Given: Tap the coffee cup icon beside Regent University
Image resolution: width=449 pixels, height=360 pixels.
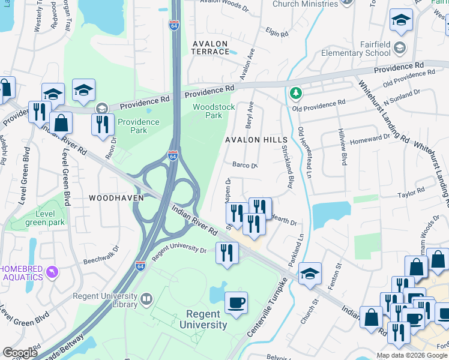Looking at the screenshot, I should [x=236, y=302].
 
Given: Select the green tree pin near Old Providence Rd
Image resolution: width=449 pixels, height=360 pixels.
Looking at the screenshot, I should [x=295, y=94].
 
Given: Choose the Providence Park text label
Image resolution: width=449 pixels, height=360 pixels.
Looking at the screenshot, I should [x=138, y=126].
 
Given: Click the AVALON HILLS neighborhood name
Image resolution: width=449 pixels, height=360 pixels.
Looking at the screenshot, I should [x=256, y=139].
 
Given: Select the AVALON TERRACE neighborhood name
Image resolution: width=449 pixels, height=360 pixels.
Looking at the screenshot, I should [x=210, y=48].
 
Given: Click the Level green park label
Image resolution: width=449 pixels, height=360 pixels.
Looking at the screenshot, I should [x=41, y=218].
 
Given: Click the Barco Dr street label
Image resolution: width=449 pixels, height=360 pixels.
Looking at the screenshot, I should [x=244, y=165].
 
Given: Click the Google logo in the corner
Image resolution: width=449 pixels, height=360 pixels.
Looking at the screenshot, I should [x=20, y=353].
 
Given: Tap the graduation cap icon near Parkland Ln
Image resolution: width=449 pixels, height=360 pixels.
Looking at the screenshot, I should [x=310, y=274].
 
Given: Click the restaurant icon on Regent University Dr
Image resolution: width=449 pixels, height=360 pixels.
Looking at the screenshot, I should [x=227, y=252].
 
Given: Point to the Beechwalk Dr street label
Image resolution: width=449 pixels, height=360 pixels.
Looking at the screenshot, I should [x=101, y=254].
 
